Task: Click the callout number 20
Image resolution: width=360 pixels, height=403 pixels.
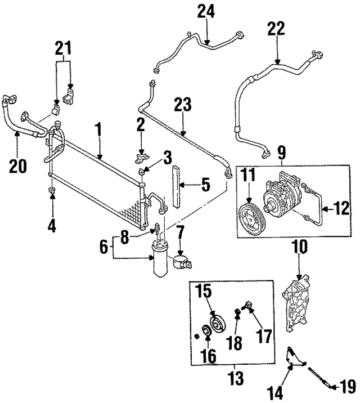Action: (x=17, y=166)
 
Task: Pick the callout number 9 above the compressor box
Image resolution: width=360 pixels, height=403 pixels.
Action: (x=281, y=152)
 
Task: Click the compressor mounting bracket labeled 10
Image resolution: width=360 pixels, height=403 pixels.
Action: (x=298, y=304)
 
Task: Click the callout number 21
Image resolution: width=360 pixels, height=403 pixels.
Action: (x=64, y=49)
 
